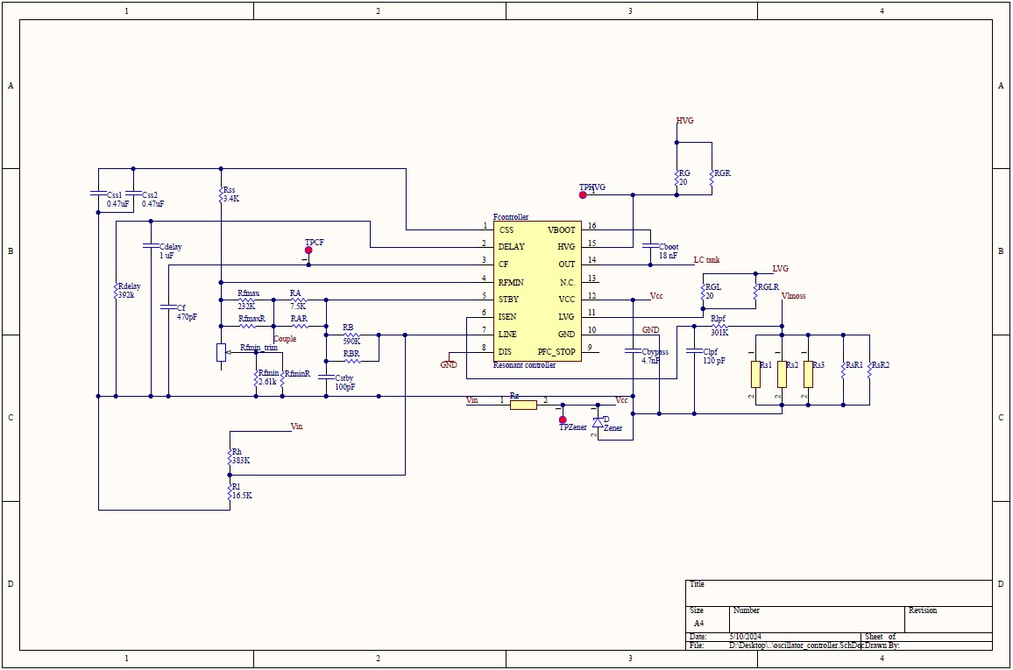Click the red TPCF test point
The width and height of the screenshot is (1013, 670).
click(308, 250)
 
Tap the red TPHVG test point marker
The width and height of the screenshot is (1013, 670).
click(583, 195)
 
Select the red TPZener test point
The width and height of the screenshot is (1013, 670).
click(563, 420)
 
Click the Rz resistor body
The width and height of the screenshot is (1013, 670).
click(523, 405)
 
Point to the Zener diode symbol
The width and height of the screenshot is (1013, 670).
click(598, 420)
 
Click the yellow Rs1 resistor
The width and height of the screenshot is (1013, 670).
click(754, 374)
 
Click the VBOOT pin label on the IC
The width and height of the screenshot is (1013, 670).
click(561, 229)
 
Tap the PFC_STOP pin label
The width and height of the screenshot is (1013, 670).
click(556, 352)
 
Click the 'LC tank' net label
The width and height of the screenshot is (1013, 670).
click(706, 260)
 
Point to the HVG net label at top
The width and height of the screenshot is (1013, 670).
click(684, 121)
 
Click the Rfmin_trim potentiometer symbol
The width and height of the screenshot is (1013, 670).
click(221, 352)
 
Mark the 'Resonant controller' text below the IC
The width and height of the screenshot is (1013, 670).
click(524, 364)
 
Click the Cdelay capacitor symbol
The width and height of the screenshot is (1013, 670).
click(151, 245)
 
